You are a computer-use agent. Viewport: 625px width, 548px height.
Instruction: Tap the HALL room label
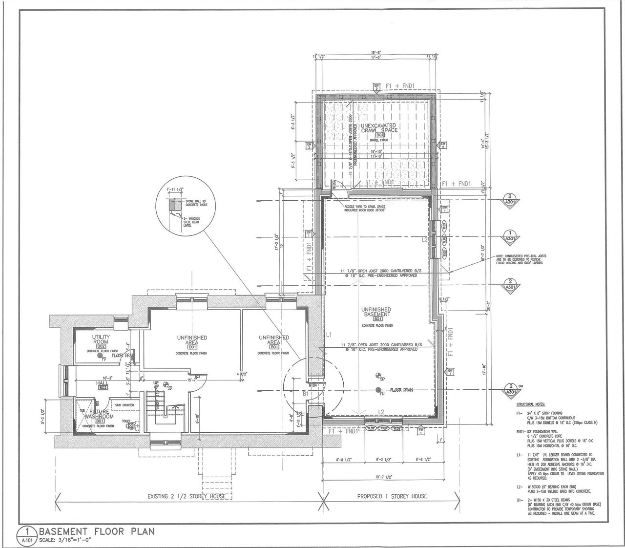(x=102, y=383)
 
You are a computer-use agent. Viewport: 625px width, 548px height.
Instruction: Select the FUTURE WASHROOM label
(x=99, y=415)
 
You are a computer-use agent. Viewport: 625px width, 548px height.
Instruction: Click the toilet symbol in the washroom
(x=131, y=425)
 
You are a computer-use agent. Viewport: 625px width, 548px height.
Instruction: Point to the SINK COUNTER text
(x=125, y=405)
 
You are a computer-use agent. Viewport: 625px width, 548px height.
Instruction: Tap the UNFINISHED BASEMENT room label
(x=376, y=312)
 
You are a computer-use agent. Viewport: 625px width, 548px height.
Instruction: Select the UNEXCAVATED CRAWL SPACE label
(x=379, y=128)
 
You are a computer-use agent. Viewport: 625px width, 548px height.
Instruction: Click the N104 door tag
(x=313, y=385)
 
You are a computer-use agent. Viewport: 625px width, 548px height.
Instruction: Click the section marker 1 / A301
(x=510, y=236)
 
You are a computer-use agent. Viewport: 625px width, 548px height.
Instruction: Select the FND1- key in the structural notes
(x=521, y=432)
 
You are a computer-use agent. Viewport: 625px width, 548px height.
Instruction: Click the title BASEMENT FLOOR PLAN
(x=97, y=531)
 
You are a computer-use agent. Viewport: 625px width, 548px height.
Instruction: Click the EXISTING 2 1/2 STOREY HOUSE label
(x=187, y=496)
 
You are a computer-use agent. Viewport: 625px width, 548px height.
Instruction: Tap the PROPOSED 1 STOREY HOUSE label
(x=392, y=496)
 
